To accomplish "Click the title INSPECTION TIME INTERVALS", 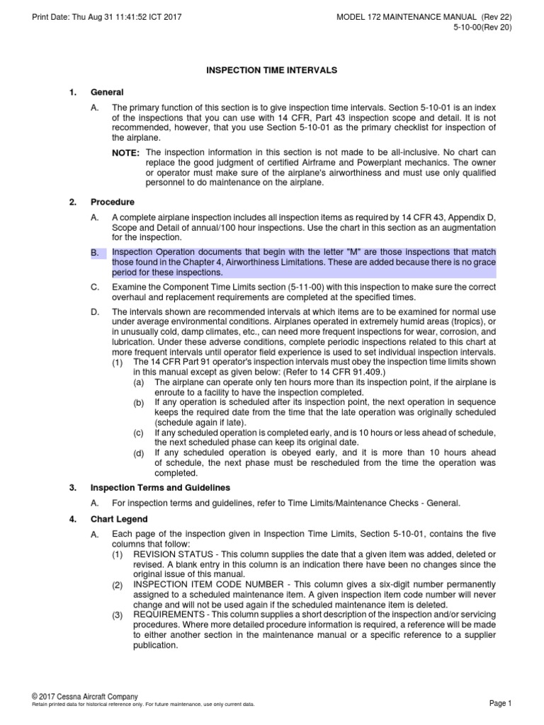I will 271,71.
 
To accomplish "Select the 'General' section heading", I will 107,92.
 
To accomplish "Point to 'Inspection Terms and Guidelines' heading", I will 159,487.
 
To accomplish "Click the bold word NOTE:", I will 126,154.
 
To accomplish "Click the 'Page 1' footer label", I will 500,702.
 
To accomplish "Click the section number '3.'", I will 73,487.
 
